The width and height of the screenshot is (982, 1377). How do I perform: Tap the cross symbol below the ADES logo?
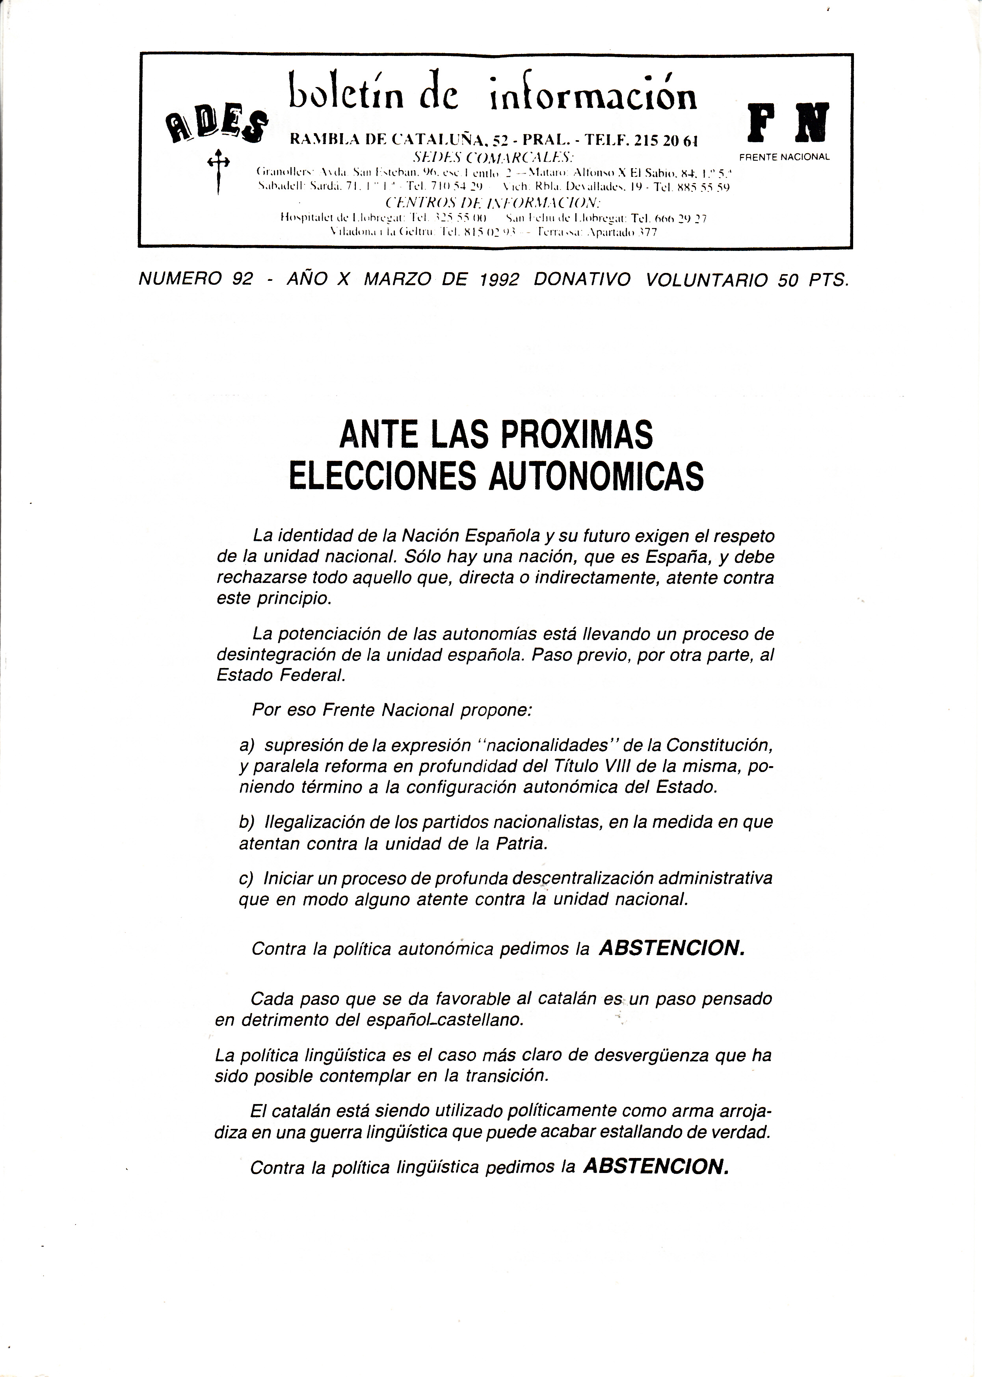coord(219,172)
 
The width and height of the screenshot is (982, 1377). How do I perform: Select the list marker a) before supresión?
coord(247,745)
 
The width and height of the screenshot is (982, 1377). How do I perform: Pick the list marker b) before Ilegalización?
coord(247,822)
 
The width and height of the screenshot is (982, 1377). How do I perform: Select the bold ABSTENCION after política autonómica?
coord(671,948)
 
